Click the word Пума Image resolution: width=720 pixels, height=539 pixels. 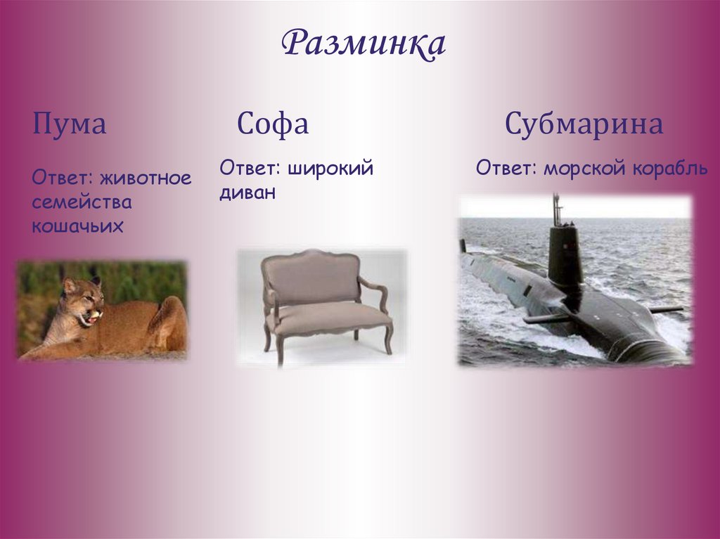coord(69,125)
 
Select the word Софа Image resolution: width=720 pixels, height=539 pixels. coord(273,125)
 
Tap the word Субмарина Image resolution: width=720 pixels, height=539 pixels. coord(584,125)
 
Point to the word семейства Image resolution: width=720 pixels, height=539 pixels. coord(82,202)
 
